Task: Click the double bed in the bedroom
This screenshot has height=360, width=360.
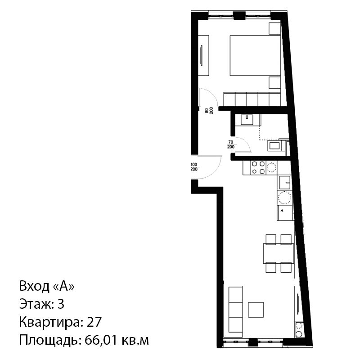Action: pos(255,55)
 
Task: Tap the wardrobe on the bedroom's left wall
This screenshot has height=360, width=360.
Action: pos(203,55)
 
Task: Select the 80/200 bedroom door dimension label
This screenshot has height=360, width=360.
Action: pos(209,111)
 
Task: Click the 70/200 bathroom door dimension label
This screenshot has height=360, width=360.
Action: pos(231,144)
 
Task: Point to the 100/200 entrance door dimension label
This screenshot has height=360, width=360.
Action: pos(194,167)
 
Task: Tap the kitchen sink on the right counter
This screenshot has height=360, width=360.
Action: pos(285,183)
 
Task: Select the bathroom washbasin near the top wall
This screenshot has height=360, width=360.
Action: pos(247,120)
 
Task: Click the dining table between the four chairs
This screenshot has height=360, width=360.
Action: pos(279,253)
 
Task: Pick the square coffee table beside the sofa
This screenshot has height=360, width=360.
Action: pos(256,310)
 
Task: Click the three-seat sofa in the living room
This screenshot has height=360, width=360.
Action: pos(235,309)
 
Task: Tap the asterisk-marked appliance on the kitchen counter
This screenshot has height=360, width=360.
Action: pos(285,213)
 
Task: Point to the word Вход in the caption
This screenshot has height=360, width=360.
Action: pos(34,286)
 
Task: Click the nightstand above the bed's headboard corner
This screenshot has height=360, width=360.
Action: pos(274,28)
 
